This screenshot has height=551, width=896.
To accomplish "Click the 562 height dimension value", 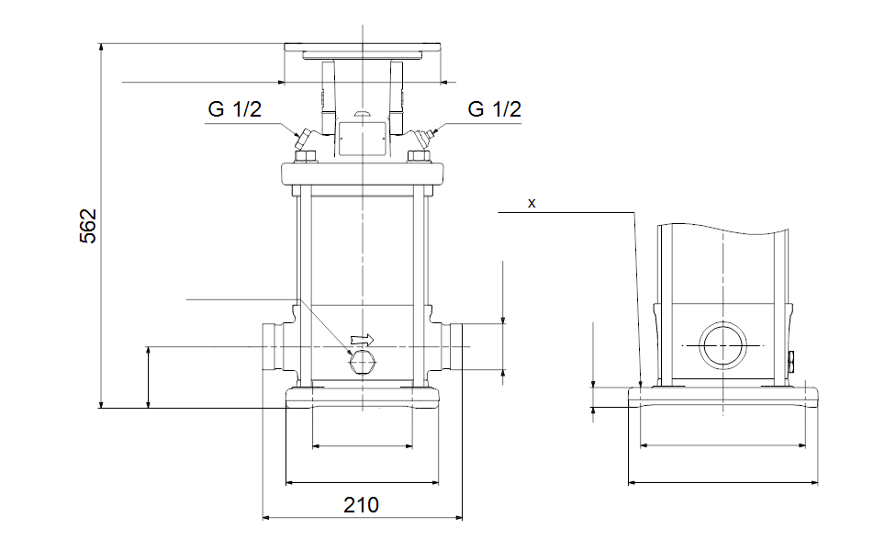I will click(88, 226).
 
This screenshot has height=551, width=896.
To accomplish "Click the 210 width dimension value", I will click(361, 504).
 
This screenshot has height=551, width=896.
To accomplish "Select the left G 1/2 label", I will click(235, 109).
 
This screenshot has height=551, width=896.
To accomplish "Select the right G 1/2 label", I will click(494, 109).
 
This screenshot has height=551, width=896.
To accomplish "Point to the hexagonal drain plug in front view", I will click(362, 364).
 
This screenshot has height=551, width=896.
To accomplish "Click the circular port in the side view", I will click(722, 345).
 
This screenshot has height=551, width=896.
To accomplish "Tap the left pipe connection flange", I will click(273, 346).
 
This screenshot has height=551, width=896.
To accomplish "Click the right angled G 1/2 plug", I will click(424, 140).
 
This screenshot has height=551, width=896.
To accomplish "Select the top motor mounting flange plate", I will click(363, 49).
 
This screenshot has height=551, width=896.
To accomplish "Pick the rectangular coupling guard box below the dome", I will click(362, 138).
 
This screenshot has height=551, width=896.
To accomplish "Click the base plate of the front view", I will click(364, 397).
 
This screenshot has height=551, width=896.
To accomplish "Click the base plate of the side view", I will click(722, 398).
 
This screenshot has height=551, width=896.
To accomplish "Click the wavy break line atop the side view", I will click(722, 226).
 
